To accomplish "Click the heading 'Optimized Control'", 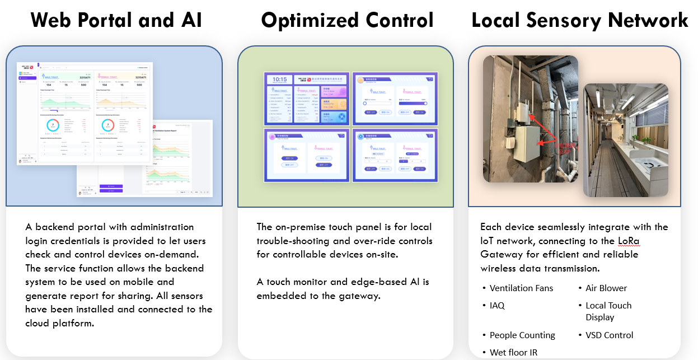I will tap(347, 21).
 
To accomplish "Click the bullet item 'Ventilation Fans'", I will tap(521, 288).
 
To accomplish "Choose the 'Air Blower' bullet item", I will tap(606, 288).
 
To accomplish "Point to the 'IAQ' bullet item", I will tap(497, 306).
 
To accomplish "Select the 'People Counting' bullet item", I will tap(522, 335).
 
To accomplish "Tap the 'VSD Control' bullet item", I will tap(610, 335).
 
